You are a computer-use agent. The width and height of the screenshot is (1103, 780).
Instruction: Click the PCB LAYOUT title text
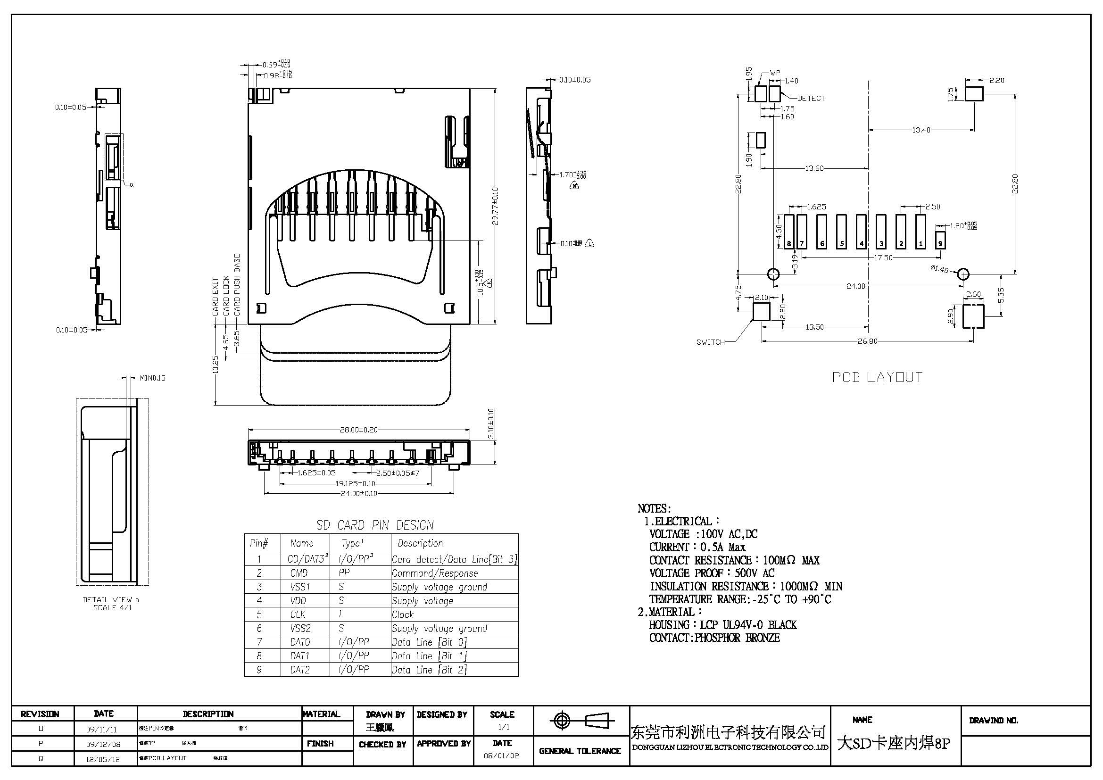pos(877,377)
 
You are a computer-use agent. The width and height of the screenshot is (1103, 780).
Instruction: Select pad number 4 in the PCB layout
pos(861,232)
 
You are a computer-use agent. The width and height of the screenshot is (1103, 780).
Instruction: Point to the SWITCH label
pos(711,342)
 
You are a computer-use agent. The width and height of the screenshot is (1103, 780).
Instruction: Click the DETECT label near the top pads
pos(811,98)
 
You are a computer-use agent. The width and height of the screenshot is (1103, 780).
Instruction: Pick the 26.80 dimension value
pos(867,341)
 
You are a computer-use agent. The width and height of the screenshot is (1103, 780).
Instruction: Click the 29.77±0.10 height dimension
pos(495,206)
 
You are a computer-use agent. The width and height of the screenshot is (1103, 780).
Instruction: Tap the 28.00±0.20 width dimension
pos(358,430)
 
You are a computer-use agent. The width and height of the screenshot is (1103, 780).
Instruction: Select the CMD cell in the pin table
pos(299,573)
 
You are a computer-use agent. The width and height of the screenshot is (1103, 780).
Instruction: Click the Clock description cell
pos(403,614)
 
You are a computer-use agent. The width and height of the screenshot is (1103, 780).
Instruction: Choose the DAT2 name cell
pos(300,670)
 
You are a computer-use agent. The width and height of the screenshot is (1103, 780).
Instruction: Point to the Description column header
pos(420,543)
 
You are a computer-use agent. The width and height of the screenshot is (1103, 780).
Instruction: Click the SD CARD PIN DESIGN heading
pos(375,525)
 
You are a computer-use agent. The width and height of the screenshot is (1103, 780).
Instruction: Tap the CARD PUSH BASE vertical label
pos(237,285)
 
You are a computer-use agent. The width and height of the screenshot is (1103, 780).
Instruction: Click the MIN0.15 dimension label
pos(152,378)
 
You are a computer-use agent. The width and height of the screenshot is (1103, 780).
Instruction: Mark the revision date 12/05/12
pos(103,759)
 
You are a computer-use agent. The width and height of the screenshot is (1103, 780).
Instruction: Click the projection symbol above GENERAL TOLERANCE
pos(581,721)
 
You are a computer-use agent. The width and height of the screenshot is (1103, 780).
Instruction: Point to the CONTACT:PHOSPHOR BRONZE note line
pos(714,638)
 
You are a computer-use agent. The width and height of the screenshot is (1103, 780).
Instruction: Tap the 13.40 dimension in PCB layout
pos(921,130)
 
